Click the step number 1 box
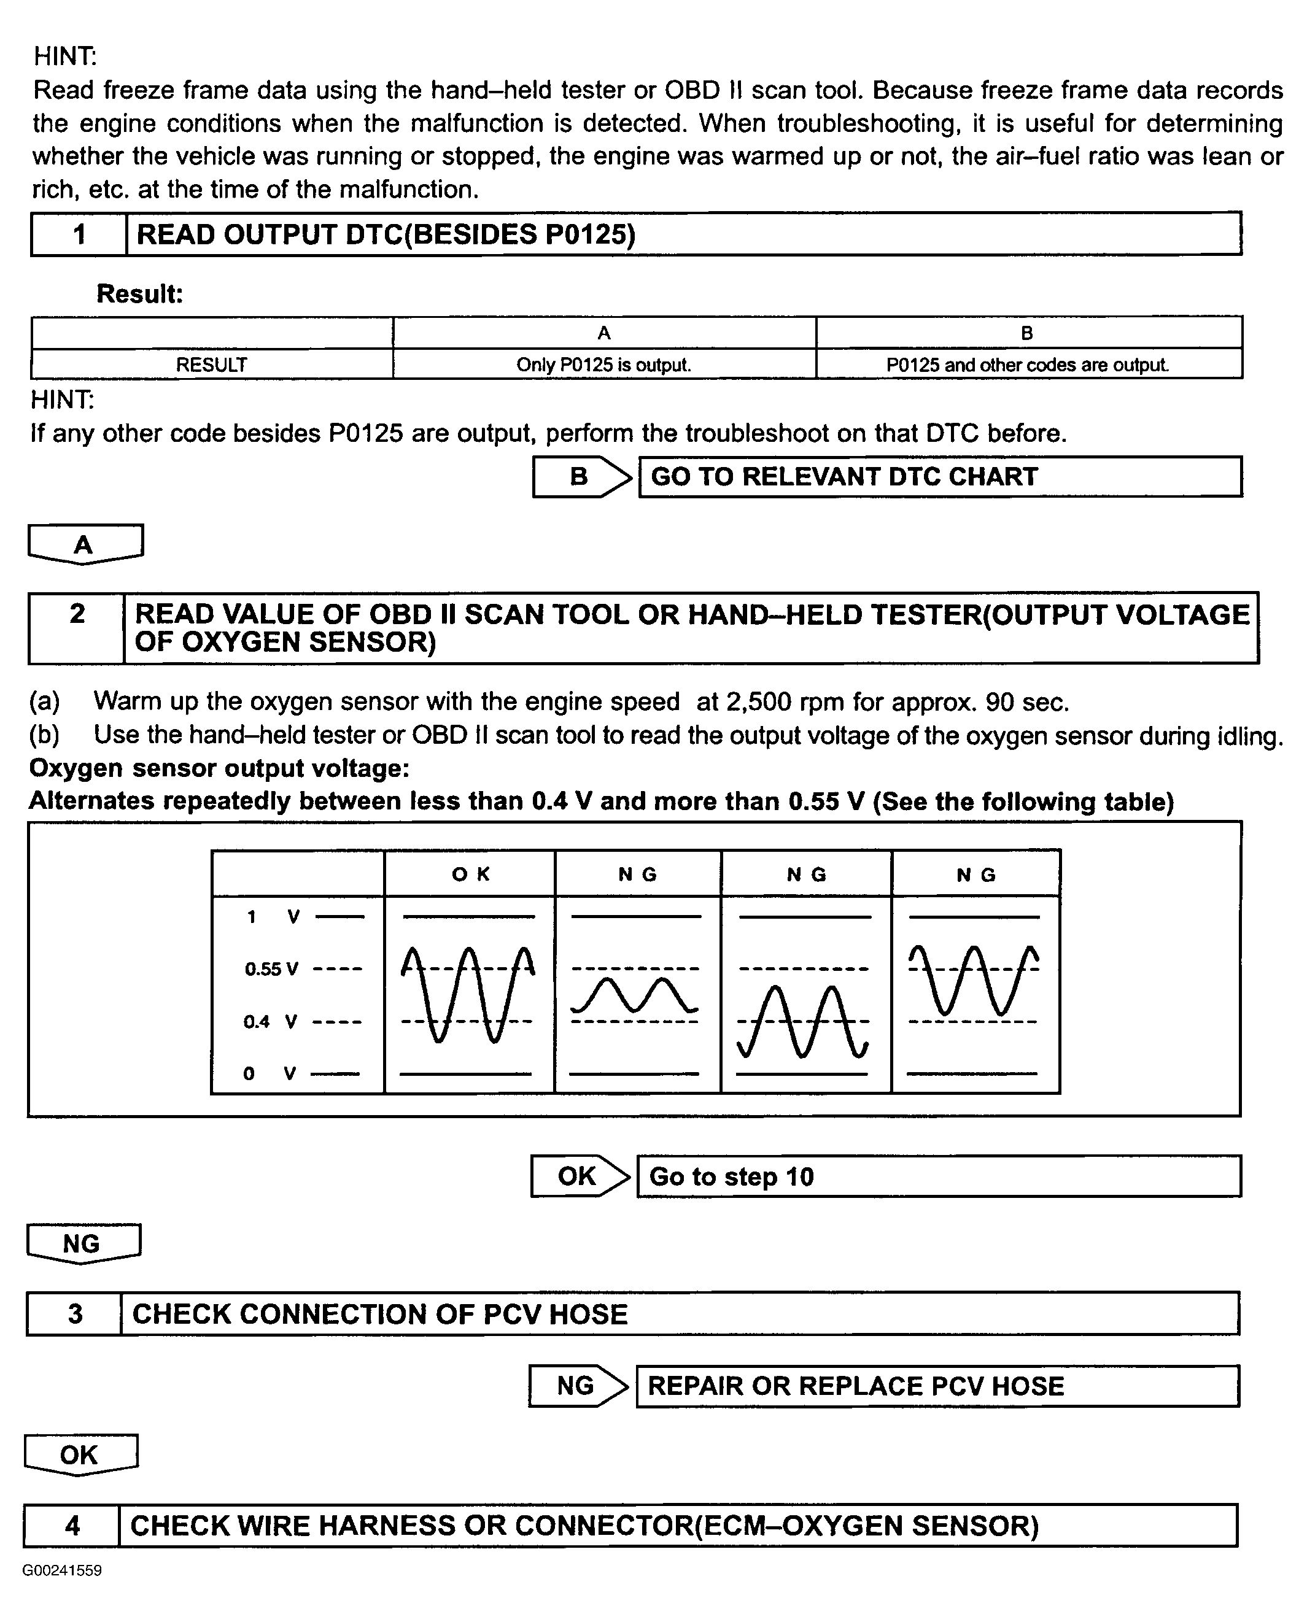click(x=79, y=234)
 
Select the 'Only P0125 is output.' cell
click(x=604, y=365)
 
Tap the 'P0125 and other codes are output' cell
click(x=1028, y=365)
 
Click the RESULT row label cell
click(x=212, y=365)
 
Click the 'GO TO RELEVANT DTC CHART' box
click(x=940, y=476)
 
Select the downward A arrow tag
click(x=84, y=543)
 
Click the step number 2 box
click(x=77, y=627)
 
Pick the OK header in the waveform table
click(x=470, y=874)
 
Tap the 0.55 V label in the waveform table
click(x=272, y=968)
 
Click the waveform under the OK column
click(x=468, y=994)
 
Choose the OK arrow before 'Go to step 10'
click(x=579, y=1176)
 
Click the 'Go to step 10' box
click(x=938, y=1176)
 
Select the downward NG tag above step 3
click(x=83, y=1243)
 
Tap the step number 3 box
click(x=74, y=1313)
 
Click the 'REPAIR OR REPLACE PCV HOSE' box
click(x=937, y=1386)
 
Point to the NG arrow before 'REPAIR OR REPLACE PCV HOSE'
click(x=576, y=1386)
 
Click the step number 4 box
click(x=72, y=1525)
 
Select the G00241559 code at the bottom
click(x=62, y=1571)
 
